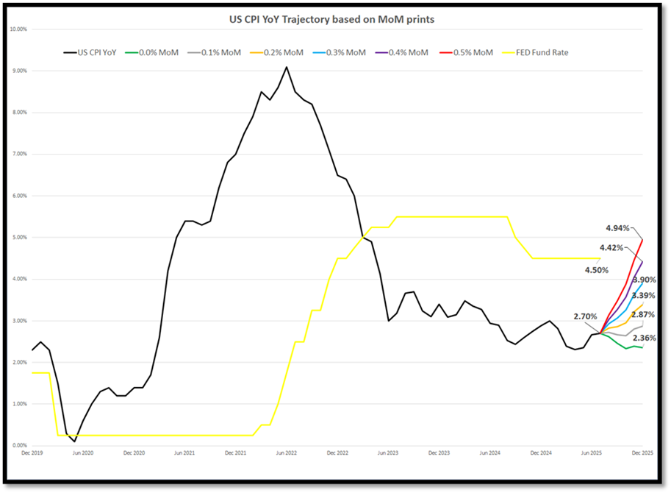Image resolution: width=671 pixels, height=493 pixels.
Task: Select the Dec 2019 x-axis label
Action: pos(32,455)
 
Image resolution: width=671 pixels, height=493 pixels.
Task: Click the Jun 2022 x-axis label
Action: pos(287,455)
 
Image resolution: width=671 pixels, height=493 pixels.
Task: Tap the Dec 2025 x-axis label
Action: pos(642,455)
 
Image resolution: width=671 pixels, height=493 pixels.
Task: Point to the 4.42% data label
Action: pos(612,248)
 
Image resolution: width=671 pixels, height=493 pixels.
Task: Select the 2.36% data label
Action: pos(644,338)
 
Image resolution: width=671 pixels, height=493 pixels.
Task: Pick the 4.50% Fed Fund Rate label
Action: pos(597,270)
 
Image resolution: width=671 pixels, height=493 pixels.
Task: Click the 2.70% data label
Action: pos(586,316)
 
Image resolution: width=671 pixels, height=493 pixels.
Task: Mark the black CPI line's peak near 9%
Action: pos(287,67)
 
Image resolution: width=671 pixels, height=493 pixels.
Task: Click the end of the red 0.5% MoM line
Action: pos(643,239)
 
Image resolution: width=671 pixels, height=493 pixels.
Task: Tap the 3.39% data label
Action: pos(644,296)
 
